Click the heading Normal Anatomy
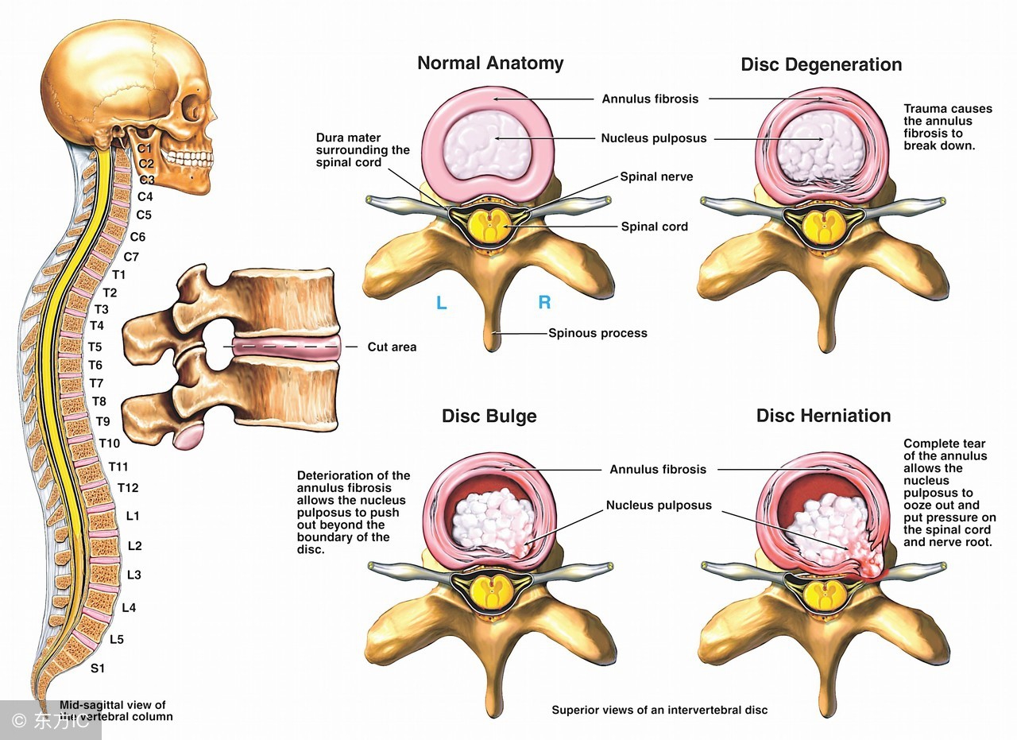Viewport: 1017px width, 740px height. click(x=490, y=64)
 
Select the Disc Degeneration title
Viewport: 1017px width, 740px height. click(x=821, y=64)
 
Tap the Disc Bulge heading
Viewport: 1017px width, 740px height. click(x=489, y=416)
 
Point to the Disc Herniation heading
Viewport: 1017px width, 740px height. click(x=823, y=416)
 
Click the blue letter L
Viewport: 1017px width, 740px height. click(x=441, y=302)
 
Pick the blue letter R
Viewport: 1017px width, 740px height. click(x=544, y=302)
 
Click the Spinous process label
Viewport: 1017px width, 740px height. click(x=597, y=333)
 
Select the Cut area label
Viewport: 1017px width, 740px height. click(x=392, y=347)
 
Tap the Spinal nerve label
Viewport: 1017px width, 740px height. click(x=656, y=176)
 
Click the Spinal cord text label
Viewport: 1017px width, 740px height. click(x=654, y=227)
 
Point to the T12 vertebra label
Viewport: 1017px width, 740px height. click(x=128, y=487)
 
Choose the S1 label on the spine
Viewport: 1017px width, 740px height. click(x=97, y=668)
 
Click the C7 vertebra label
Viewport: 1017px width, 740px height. click(x=131, y=256)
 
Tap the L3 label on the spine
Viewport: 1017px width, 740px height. click(x=133, y=575)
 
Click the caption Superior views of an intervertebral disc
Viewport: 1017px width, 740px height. click(x=659, y=710)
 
